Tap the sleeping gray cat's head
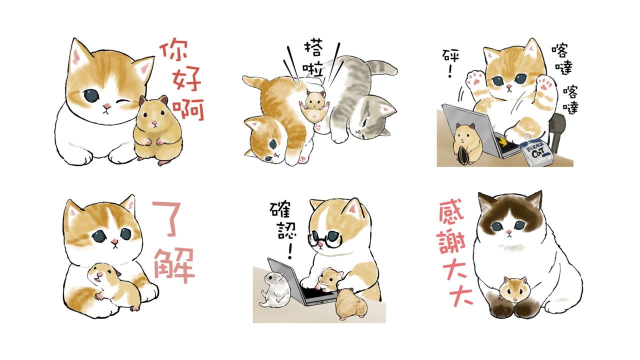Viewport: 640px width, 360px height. pyautogui.click(x=373, y=118)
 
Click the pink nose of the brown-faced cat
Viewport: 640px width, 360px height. pyautogui.click(x=508, y=232)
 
